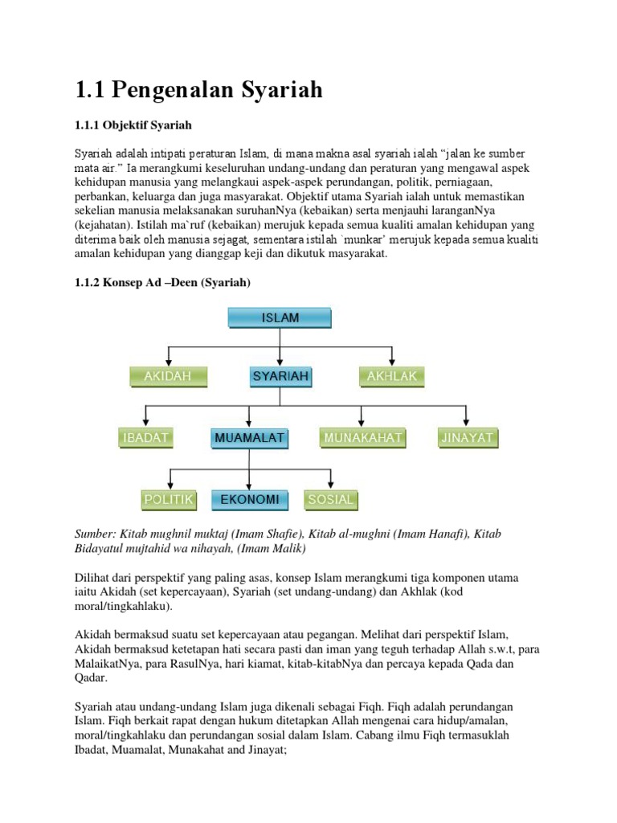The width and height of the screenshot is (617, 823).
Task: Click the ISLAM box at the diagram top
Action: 280,318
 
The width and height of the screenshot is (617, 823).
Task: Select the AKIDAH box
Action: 168,375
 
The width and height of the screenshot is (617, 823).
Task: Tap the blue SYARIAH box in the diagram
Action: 280,375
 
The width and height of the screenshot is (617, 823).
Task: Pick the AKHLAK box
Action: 392,375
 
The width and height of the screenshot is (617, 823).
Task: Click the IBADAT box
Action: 145,438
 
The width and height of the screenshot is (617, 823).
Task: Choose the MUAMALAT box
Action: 250,438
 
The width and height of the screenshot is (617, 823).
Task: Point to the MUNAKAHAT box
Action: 362,438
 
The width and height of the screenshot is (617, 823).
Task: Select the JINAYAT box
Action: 468,438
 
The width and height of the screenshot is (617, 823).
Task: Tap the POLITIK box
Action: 168,500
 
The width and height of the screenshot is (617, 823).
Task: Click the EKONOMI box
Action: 250,500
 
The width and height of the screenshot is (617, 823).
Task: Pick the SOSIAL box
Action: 330,500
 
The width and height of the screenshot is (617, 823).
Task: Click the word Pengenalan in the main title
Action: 173,91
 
